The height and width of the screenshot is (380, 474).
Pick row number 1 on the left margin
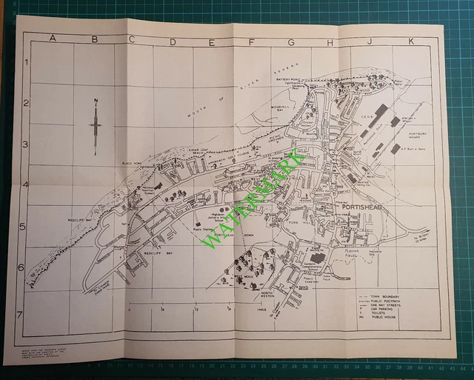click(x=27, y=64)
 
